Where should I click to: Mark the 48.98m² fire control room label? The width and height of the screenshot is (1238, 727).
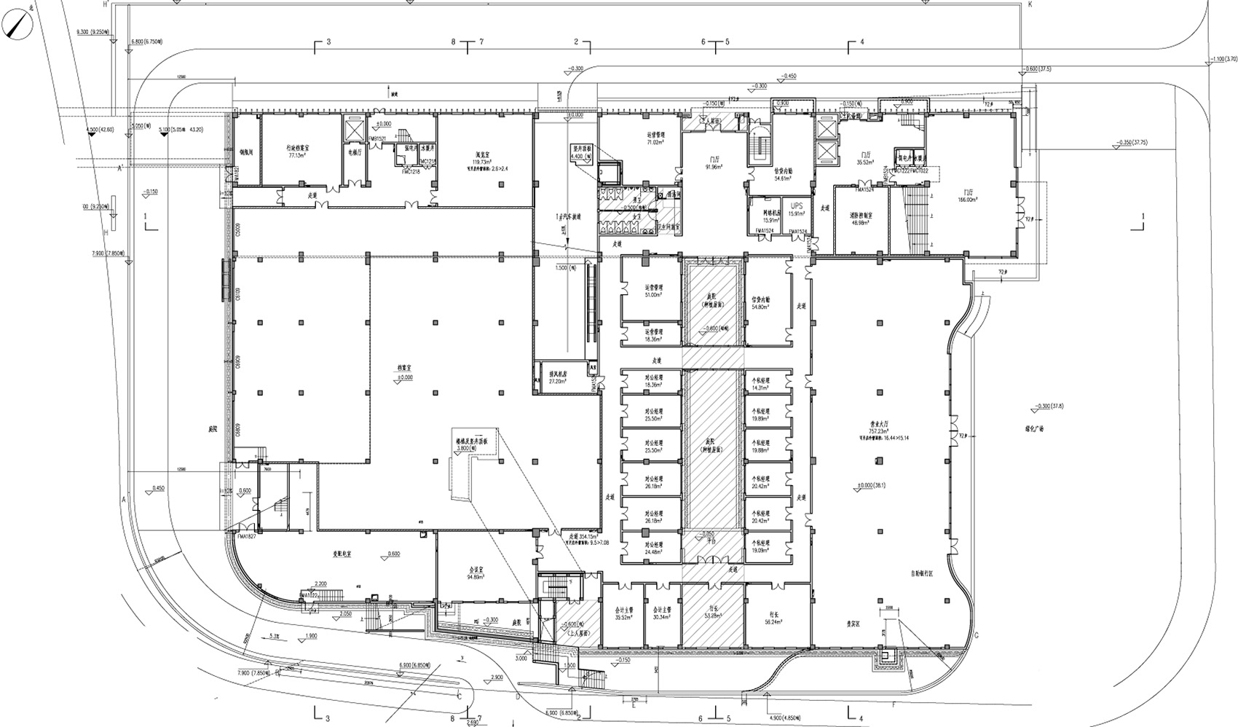point(861,223)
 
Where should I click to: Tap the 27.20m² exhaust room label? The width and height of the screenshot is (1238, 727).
point(557,381)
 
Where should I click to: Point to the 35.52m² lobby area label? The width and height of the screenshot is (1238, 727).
point(866,163)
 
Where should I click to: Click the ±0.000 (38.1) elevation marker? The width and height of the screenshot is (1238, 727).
point(874,486)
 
